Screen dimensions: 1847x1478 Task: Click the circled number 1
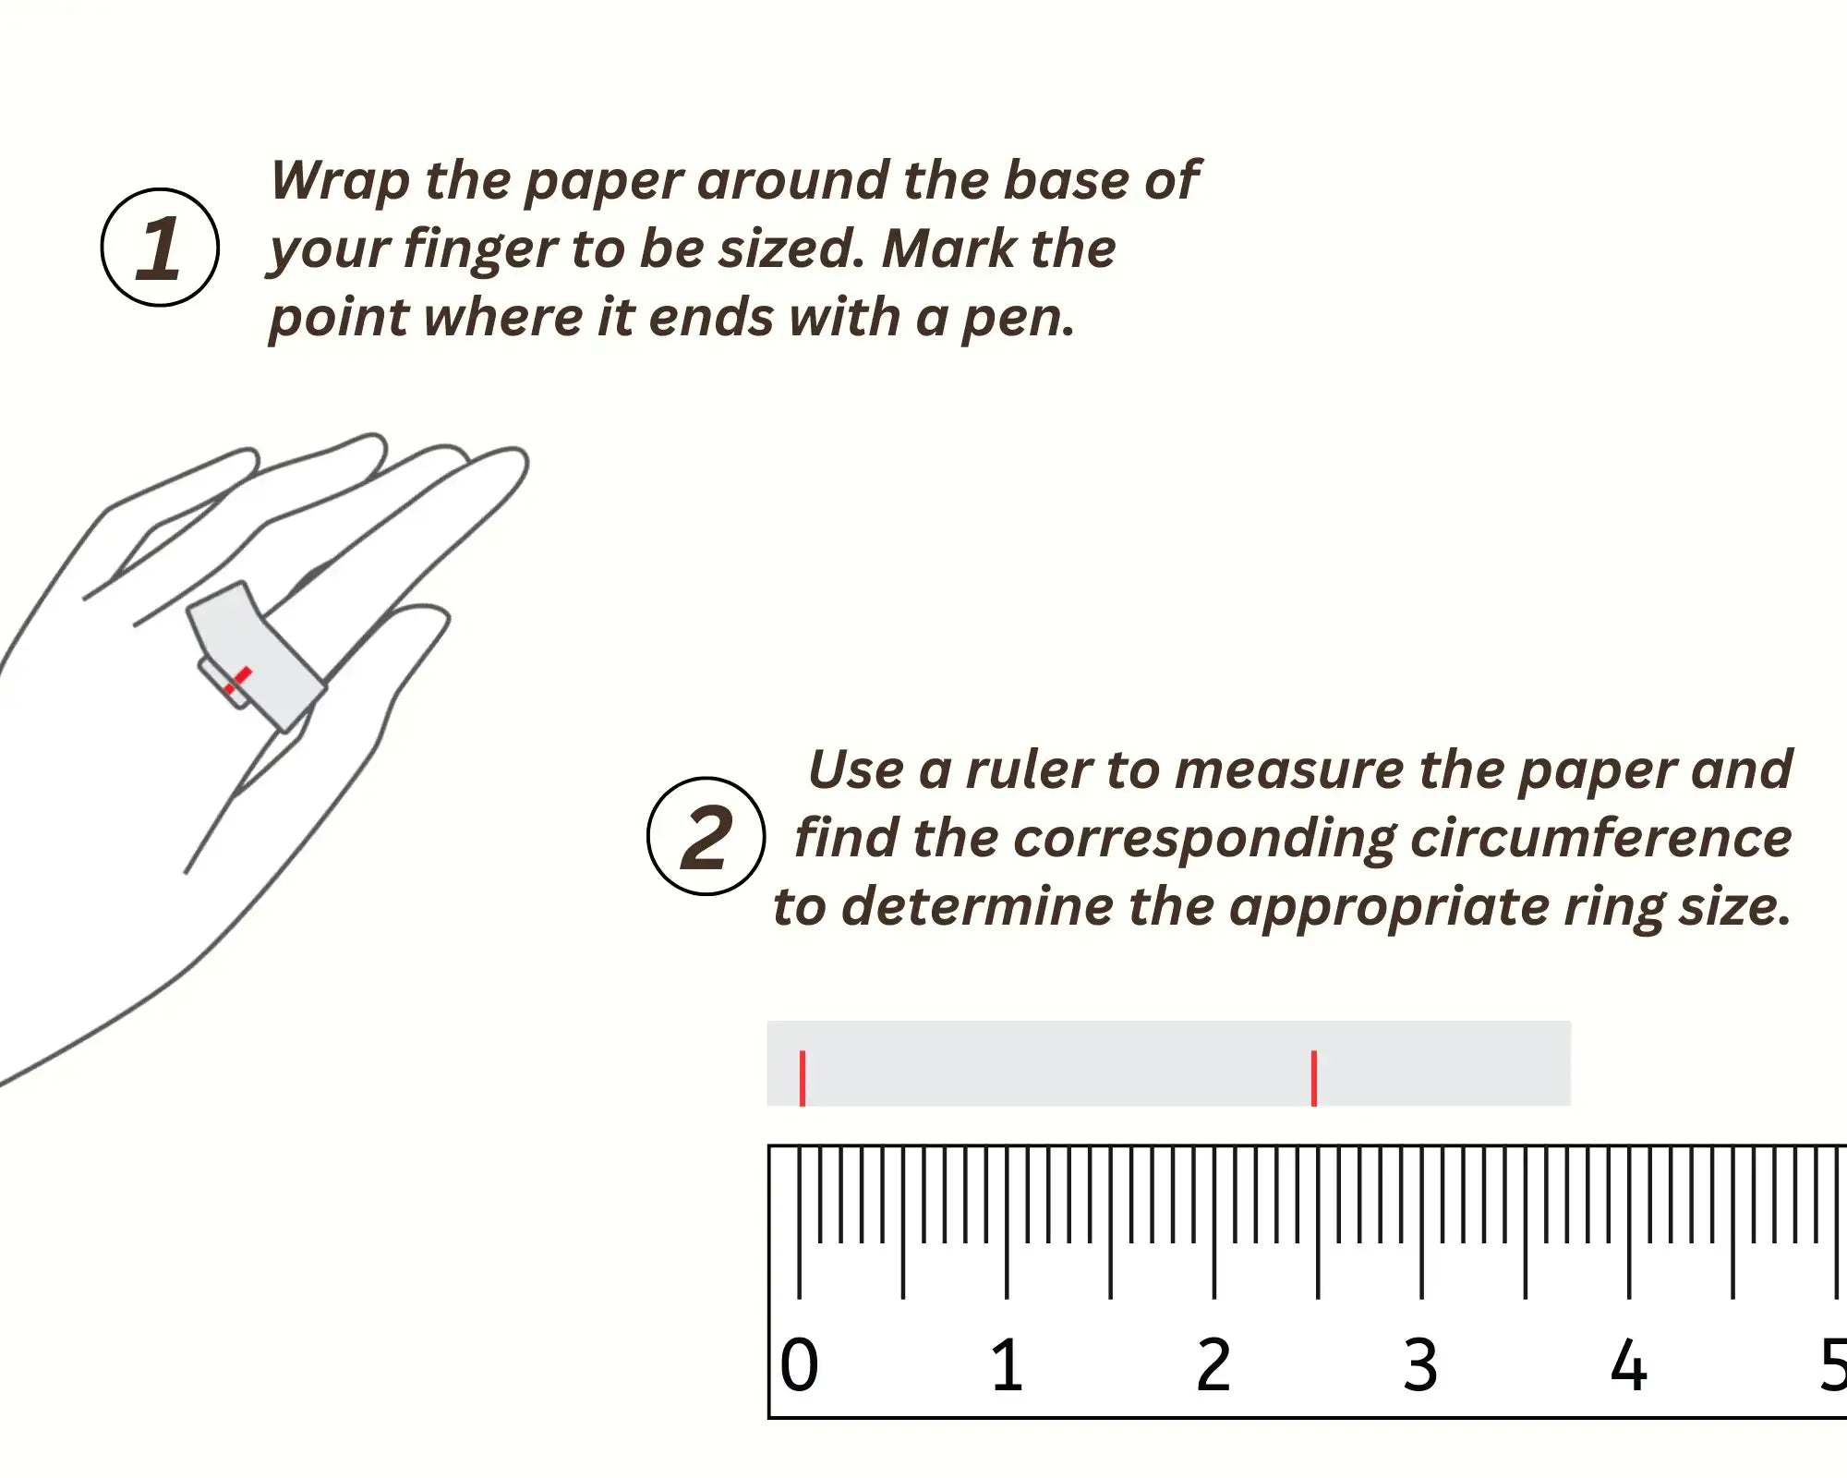(x=160, y=247)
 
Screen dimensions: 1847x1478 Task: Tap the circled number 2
(x=706, y=836)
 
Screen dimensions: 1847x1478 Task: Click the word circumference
(x=1601, y=838)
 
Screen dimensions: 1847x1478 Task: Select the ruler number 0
(x=799, y=1364)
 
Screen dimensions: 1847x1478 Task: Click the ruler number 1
(x=1007, y=1364)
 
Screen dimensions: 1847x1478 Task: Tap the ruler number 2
(x=1213, y=1364)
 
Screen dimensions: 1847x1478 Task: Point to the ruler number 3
(x=1420, y=1364)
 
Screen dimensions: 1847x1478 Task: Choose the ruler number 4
(x=1628, y=1364)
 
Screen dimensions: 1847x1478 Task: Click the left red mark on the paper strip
(x=803, y=1078)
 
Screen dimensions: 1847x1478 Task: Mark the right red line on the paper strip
(x=1314, y=1078)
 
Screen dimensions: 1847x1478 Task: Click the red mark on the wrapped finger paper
(x=237, y=680)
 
